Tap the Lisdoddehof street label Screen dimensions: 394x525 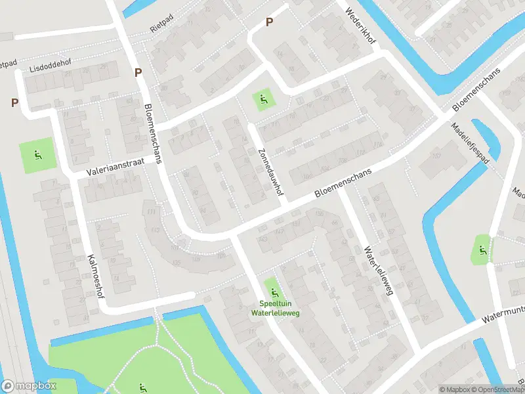(50, 69)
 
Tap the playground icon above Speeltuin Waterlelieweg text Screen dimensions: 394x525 (271, 289)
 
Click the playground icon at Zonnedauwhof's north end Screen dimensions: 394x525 (263, 100)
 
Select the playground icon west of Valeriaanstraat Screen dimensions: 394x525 (37, 156)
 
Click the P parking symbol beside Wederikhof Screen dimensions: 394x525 (269, 22)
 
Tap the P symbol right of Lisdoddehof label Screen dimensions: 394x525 (138, 73)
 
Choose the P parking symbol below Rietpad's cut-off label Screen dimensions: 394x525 (14, 102)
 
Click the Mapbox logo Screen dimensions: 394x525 (29, 386)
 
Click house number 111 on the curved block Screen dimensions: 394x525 (152, 211)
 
